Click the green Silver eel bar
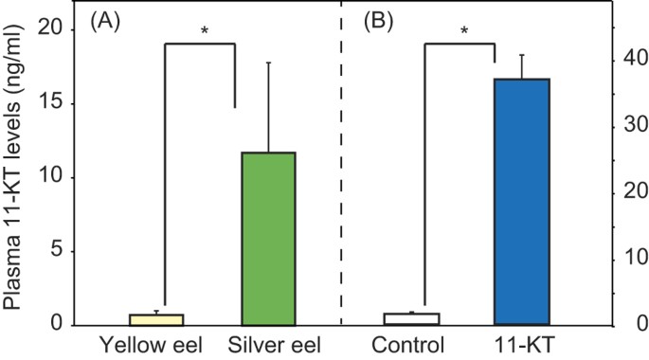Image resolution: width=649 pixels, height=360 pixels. [x=269, y=239]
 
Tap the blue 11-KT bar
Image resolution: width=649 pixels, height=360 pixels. [x=522, y=202]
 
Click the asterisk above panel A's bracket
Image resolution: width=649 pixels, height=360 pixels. [x=204, y=31]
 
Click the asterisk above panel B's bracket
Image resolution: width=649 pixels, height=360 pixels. [x=464, y=31]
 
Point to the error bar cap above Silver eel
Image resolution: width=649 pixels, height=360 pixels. [x=269, y=63]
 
